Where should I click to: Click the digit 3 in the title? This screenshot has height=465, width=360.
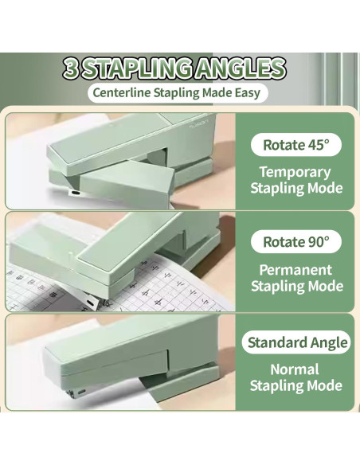coord(72,68)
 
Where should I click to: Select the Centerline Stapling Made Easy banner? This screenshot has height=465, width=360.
coord(175,92)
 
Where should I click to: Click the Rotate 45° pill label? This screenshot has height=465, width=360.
coord(296,145)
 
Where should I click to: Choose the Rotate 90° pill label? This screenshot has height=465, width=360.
coord(296,242)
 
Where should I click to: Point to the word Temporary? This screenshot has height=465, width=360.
coord(295,171)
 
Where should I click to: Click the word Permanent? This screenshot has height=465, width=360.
coord(295,269)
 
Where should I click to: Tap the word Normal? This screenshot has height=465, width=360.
coord(295,369)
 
